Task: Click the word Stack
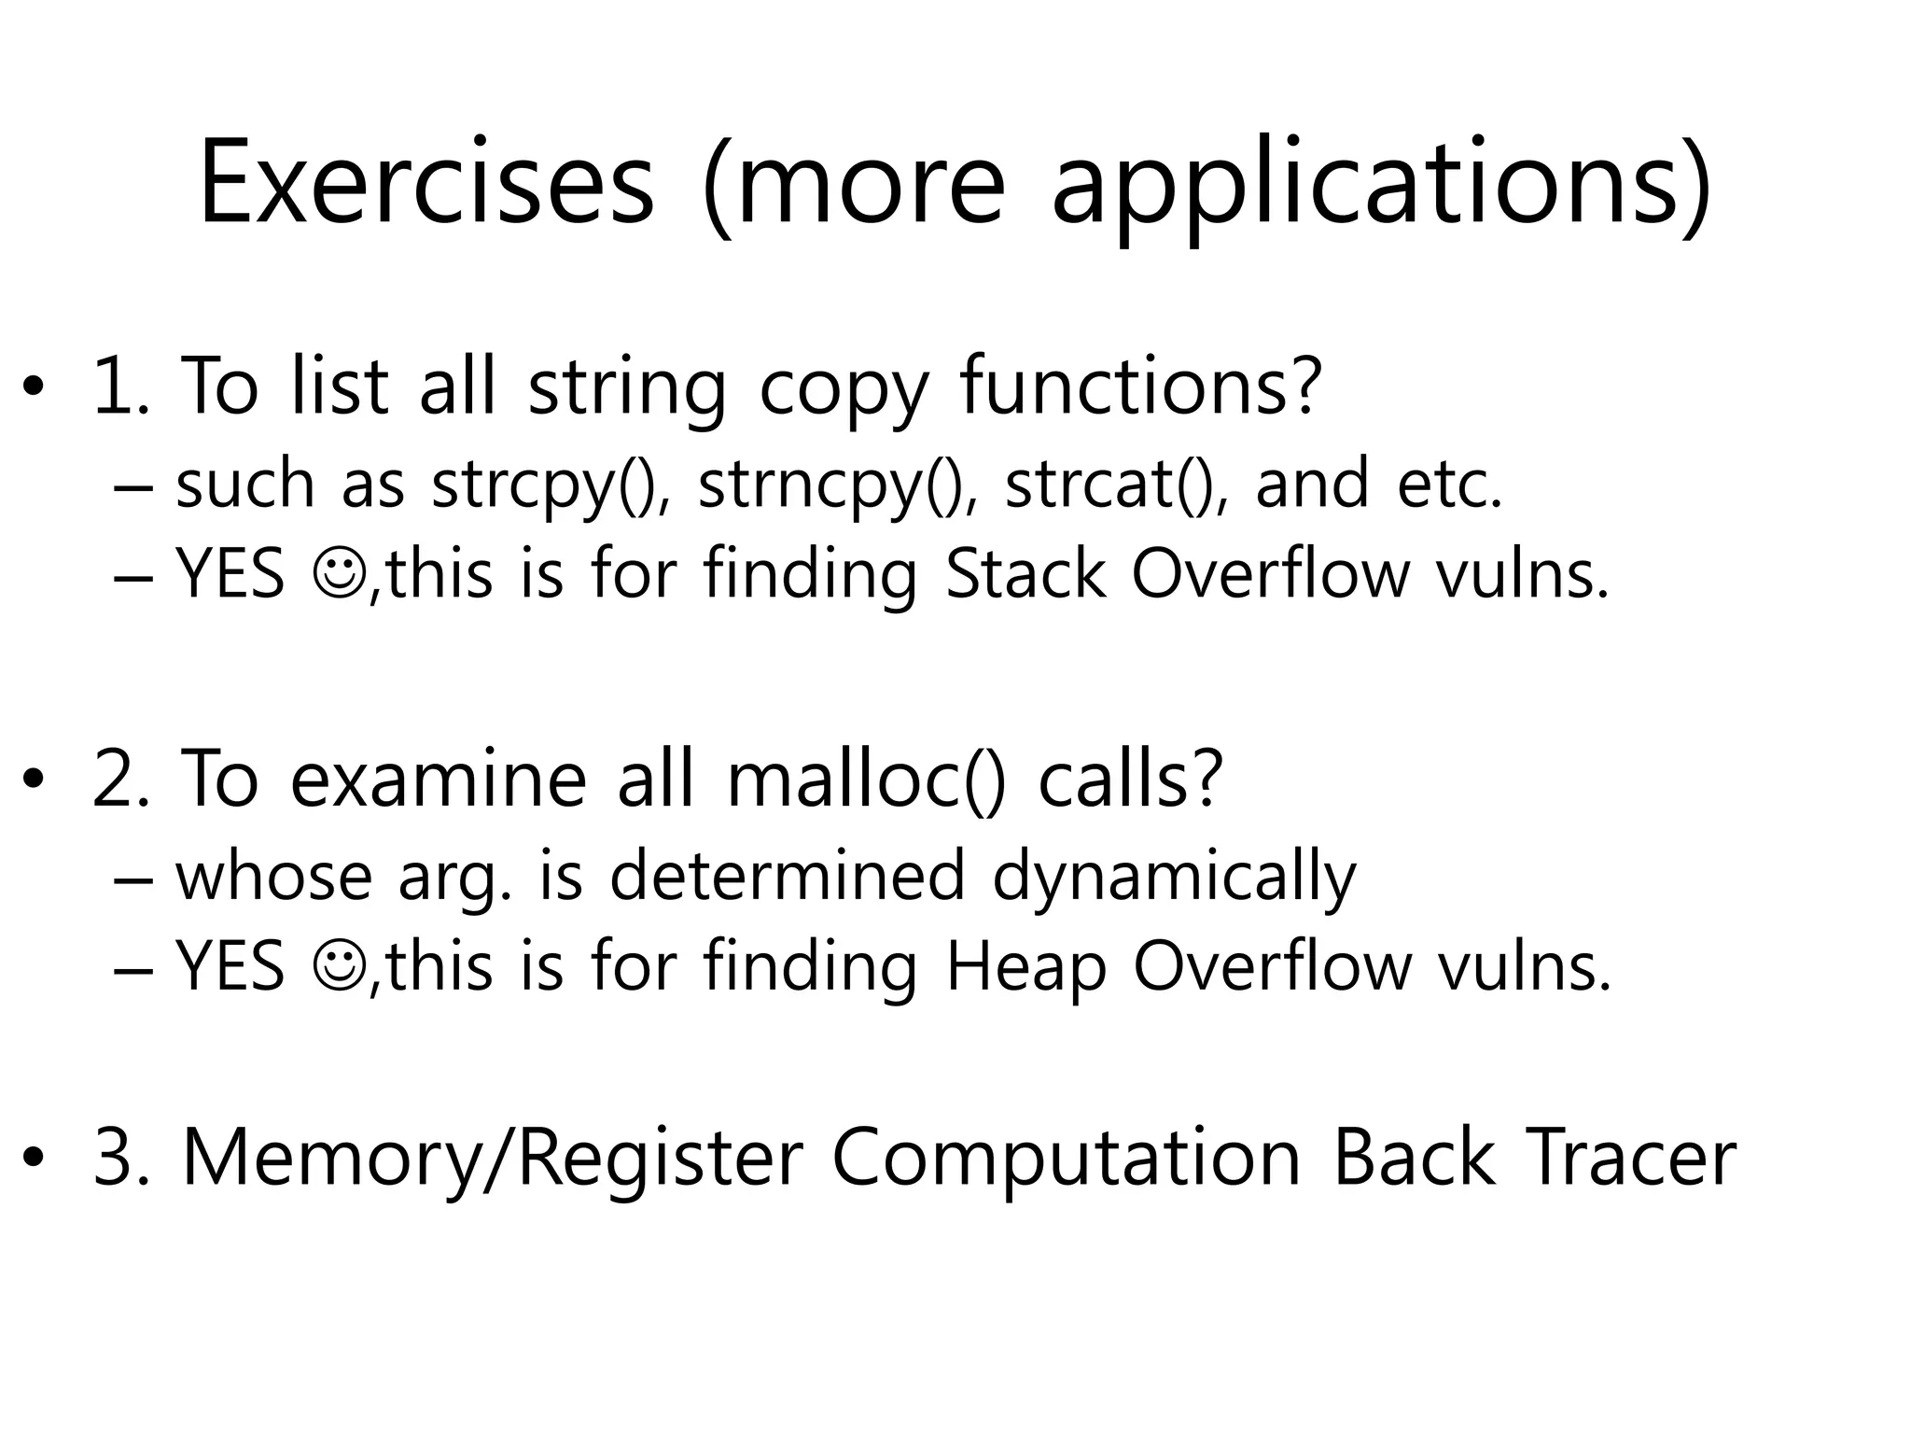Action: pos(1025,573)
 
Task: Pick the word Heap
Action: pos(1025,966)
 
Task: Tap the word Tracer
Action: pos(1629,1158)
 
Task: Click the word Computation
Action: pos(1066,1158)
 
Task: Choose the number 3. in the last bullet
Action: pos(122,1158)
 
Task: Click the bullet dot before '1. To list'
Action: pos(34,387)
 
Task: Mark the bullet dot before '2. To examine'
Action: pos(34,780)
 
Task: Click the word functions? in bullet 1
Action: pos(1140,387)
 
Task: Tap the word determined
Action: pos(787,877)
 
